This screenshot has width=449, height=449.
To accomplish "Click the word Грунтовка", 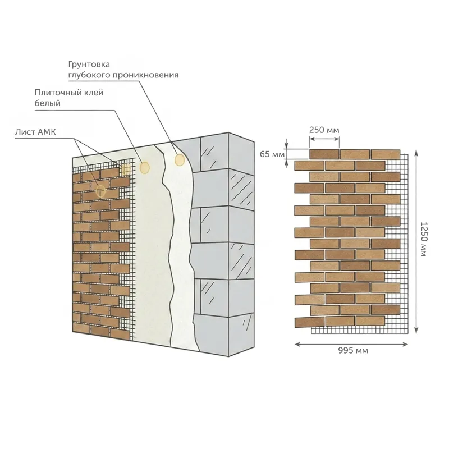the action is click(x=89, y=65).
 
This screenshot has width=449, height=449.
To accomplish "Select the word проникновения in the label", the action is click(x=145, y=75).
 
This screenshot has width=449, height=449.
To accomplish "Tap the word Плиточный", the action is click(x=58, y=93).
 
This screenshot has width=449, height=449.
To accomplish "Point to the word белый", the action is click(x=48, y=103).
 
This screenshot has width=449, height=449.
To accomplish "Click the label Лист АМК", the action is click(x=35, y=132).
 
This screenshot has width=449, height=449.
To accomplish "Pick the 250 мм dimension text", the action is click(x=324, y=130).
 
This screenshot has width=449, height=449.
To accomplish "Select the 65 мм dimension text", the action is click(x=272, y=154).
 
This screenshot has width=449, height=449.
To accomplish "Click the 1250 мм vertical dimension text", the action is click(x=424, y=240).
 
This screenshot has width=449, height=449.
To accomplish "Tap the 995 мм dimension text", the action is click(x=353, y=350).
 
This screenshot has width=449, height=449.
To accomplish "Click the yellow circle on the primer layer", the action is click(x=180, y=160).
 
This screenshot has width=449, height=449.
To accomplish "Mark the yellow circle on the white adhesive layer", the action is click(x=145, y=167).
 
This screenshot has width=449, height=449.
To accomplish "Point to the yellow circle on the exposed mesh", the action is click(x=125, y=170).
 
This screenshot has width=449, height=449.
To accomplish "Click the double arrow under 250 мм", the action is click(x=324, y=139).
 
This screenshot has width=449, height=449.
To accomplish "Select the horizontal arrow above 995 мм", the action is click(x=351, y=344).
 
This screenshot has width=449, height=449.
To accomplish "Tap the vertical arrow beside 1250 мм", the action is click(x=416, y=242).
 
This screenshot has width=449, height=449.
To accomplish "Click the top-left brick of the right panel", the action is click(x=324, y=154).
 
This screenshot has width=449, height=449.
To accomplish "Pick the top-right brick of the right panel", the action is click(x=386, y=154).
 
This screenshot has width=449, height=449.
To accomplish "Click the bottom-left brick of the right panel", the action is click(x=310, y=322).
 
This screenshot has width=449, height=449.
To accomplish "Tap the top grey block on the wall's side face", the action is click(x=241, y=153).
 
